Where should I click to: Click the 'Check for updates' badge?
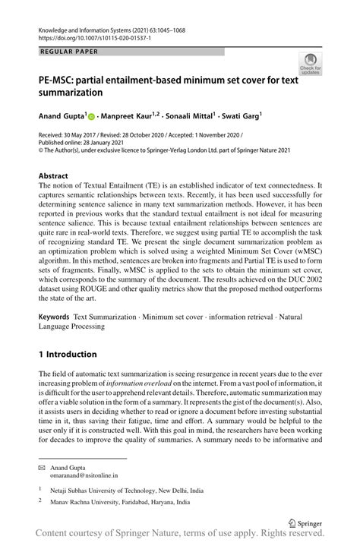[311, 64]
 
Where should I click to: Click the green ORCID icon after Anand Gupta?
[92, 118]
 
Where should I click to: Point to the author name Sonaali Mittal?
[190, 117]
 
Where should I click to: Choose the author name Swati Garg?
[241, 117]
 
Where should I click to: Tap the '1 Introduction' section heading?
[68, 354]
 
